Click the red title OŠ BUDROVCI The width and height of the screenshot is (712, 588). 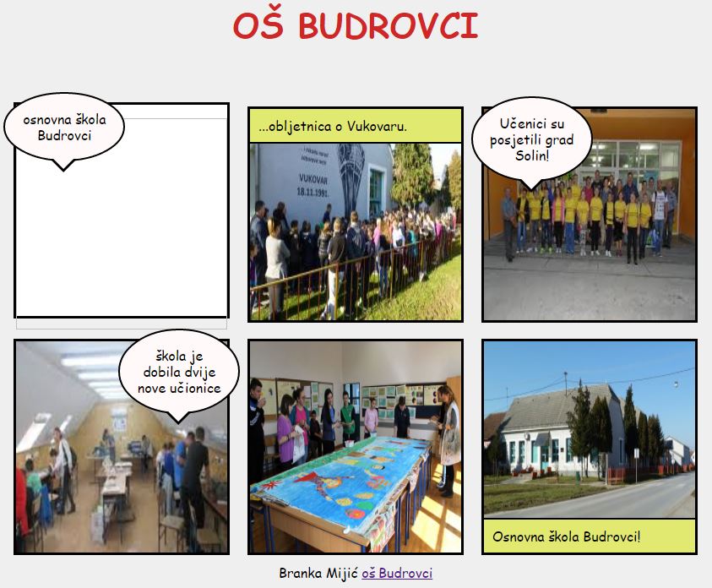pyautogui.click(x=356, y=26)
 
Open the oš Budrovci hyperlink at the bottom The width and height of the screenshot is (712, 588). pyautogui.click(x=397, y=573)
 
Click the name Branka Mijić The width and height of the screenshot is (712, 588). pyautogui.click(x=318, y=573)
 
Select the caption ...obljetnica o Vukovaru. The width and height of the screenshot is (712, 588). pyautogui.click(x=333, y=126)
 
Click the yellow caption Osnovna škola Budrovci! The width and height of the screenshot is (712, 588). pyautogui.click(x=566, y=536)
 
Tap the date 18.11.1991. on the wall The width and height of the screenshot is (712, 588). pyautogui.click(x=313, y=191)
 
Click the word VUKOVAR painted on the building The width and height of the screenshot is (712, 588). pyautogui.click(x=313, y=179)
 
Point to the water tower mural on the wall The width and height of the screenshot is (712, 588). pyautogui.click(x=351, y=175)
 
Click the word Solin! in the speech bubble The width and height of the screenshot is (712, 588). pyautogui.click(x=532, y=155)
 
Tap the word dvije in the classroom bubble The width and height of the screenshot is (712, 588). pyautogui.click(x=198, y=373)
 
